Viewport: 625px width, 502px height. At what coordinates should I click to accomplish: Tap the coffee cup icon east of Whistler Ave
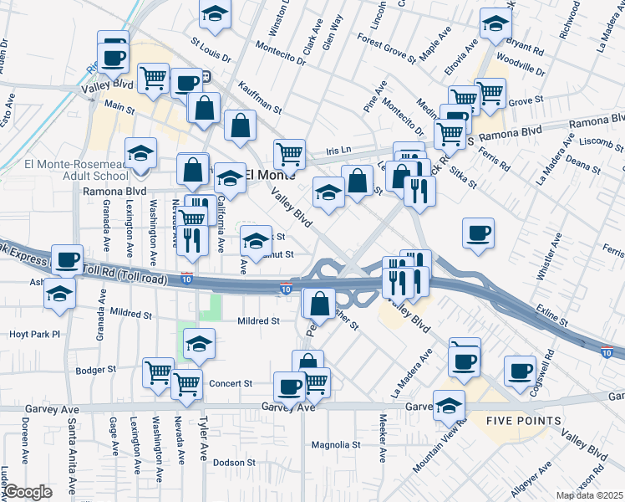pyautogui.click(x=478, y=233)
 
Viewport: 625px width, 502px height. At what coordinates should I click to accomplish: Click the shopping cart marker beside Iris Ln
pyautogui.click(x=289, y=153)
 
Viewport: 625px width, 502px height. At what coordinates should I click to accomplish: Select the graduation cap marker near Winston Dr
pyautogui.click(x=215, y=14)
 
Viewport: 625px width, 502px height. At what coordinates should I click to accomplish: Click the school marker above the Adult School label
pyautogui.click(x=141, y=152)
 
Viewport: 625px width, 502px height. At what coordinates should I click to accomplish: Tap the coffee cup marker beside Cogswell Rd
pyautogui.click(x=520, y=370)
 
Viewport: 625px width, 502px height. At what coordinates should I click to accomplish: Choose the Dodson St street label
pyautogui.click(x=233, y=462)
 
